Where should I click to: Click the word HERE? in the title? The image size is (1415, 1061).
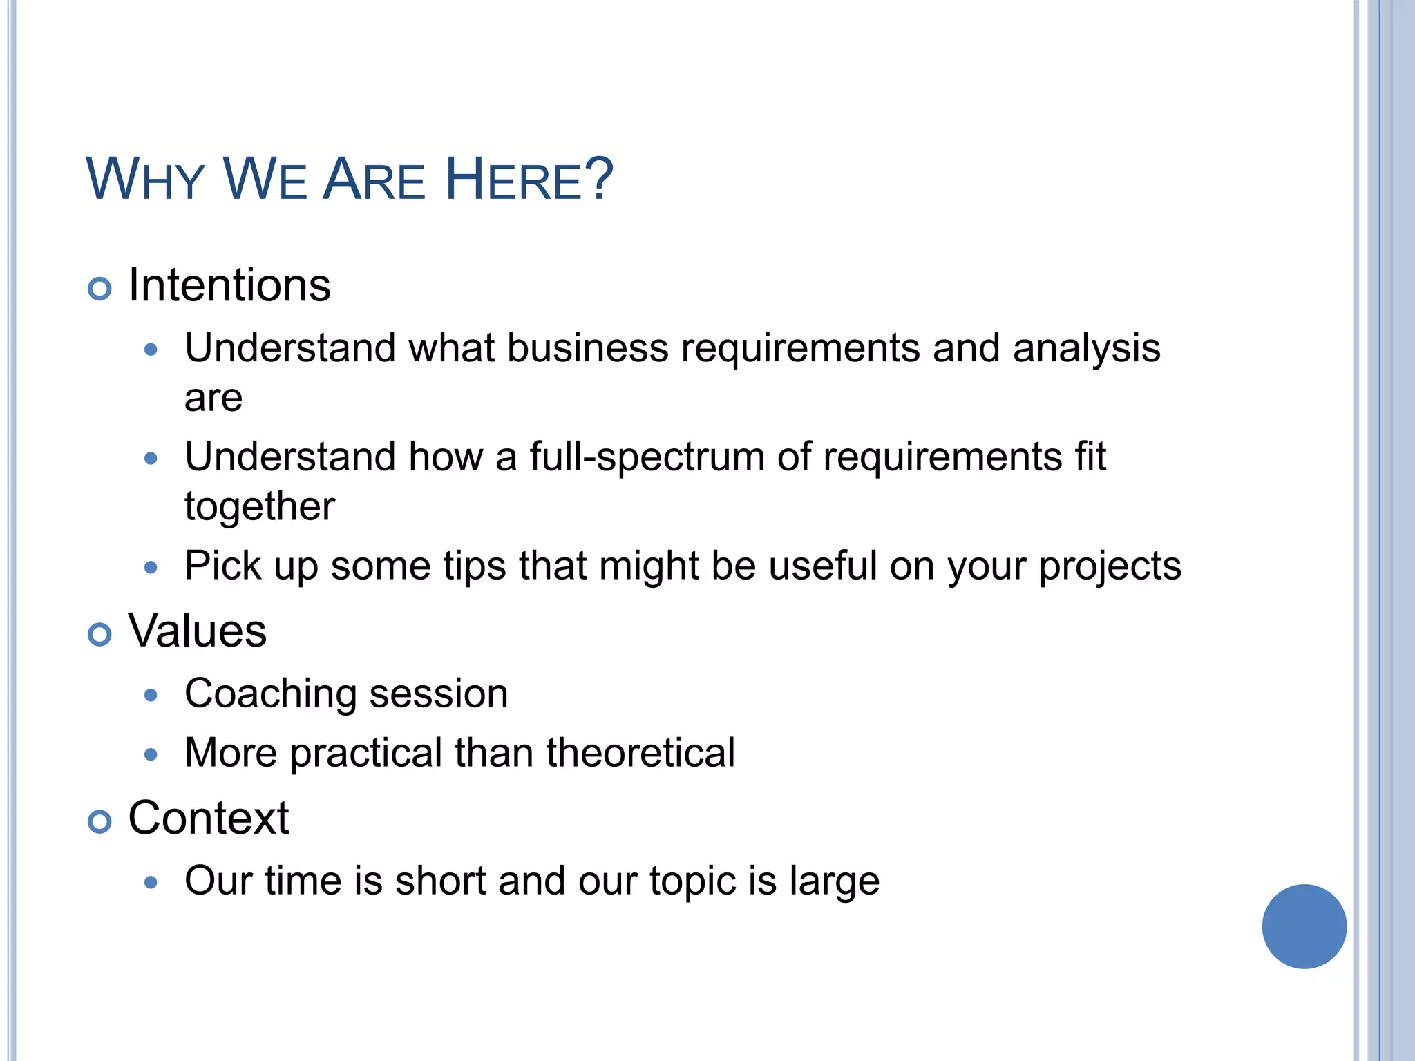click(529, 180)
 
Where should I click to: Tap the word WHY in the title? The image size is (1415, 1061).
click(145, 180)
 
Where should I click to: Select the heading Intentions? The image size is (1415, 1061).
click(229, 285)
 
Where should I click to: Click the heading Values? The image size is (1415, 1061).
click(197, 631)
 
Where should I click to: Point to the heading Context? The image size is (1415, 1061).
click(208, 818)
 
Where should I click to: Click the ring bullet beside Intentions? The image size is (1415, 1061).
click(99, 289)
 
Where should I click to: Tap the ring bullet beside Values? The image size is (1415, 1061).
click(99, 634)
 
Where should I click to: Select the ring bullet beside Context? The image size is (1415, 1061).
click(99, 821)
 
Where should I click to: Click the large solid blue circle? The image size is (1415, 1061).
click(1304, 926)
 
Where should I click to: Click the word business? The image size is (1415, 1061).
click(587, 347)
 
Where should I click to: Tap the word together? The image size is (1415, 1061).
click(260, 507)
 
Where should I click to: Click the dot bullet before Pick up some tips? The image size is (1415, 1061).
click(151, 568)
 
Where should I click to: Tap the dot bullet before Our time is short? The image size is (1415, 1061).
click(151, 882)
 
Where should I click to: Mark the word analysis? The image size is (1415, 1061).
click(1086, 349)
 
